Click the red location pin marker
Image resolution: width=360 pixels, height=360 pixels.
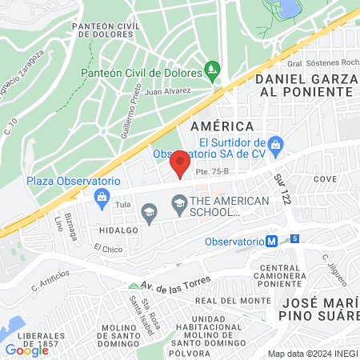[180, 164]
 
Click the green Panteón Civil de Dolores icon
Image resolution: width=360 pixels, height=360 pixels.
[212, 71]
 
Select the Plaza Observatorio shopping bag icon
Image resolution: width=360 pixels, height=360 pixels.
[102, 197]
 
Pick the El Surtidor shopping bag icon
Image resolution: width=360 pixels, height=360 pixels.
[276, 145]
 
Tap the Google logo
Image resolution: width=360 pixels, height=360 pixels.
[27, 350]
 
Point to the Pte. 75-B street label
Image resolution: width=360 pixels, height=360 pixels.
[212, 171]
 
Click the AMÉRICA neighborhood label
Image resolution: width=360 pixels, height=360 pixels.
[222, 126]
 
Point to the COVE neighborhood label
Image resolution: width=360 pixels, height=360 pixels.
[325, 179]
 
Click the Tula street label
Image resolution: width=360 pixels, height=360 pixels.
[122, 205]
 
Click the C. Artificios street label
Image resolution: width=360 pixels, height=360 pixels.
[50, 279]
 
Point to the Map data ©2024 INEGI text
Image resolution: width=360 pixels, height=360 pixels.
[313, 353]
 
